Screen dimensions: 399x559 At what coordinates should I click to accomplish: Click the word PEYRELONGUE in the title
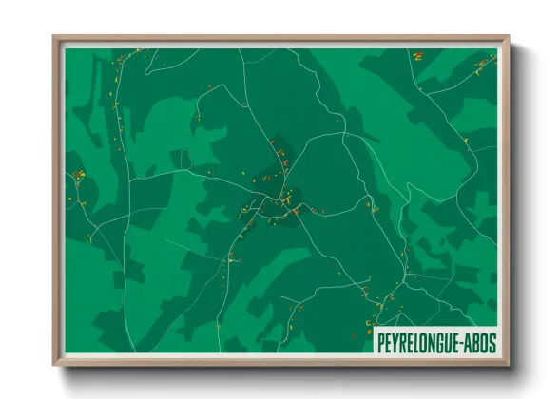[x=418, y=339]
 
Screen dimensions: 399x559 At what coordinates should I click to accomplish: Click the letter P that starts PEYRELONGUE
[x=382, y=339]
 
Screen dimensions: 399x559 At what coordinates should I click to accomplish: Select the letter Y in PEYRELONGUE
[x=397, y=339]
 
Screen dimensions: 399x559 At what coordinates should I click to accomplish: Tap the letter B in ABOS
[x=475, y=339]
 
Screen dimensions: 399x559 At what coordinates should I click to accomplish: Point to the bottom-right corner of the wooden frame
[x=509, y=366]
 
